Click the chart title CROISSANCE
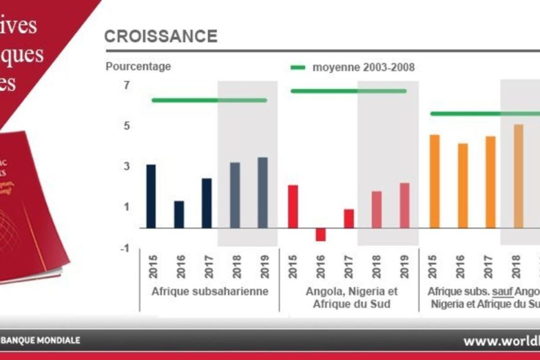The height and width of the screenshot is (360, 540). pyautogui.click(x=161, y=36)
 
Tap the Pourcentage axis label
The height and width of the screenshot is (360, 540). pyautogui.click(x=138, y=66)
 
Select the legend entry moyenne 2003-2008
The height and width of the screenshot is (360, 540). pyautogui.click(x=363, y=67)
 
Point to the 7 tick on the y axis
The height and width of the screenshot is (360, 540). pyautogui.click(x=126, y=85)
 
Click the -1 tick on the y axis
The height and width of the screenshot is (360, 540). pyautogui.click(x=125, y=248)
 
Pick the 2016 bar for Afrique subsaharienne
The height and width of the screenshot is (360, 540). pyautogui.click(x=179, y=214)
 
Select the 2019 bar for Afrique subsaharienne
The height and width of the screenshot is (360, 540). pyautogui.click(x=263, y=193)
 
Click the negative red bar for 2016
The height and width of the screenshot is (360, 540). pyautogui.click(x=320, y=234)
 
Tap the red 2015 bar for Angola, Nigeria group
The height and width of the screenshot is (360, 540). pyautogui.click(x=293, y=206)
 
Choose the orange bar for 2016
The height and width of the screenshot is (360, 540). pyautogui.click(x=463, y=185)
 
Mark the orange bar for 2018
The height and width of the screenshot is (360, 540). pyautogui.click(x=519, y=176)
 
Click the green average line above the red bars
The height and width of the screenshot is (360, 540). pyautogui.click(x=349, y=91)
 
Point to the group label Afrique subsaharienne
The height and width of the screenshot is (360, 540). pyautogui.click(x=210, y=291)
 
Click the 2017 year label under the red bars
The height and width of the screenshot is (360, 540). pyautogui.click(x=349, y=266)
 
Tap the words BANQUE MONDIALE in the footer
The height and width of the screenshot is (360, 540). pyautogui.click(x=42, y=340)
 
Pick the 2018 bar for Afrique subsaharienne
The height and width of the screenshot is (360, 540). pyautogui.click(x=234, y=195)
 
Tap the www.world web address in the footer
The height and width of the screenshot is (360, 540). pyautogui.click(x=501, y=341)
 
